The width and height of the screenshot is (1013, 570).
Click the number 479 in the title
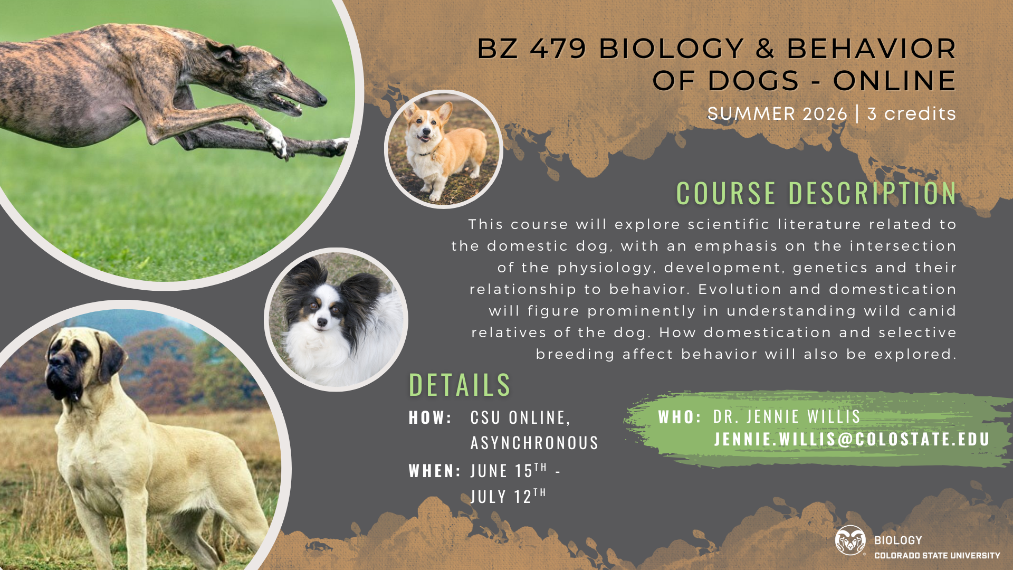point(558,49)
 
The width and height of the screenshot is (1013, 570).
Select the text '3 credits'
point(911,113)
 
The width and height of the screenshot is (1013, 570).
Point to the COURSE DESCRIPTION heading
point(816,193)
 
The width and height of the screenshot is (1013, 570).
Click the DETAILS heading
point(460,384)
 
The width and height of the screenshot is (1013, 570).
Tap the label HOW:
point(431,417)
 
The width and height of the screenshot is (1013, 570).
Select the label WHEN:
point(435,471)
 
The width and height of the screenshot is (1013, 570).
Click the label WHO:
point(680,417)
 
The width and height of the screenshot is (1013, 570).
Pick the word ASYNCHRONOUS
point(534,443)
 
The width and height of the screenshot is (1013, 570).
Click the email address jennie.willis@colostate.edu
point(852,439)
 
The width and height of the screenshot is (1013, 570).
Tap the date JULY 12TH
point(508,496)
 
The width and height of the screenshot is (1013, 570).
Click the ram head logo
point(850,540)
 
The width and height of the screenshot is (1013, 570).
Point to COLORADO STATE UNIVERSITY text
point(937,555)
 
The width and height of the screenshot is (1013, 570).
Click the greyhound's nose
point(322,99)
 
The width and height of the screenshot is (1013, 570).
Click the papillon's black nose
point(322,321)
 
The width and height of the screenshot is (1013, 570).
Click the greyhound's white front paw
point(276,141)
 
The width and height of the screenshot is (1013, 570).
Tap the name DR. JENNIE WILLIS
point(787,417)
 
